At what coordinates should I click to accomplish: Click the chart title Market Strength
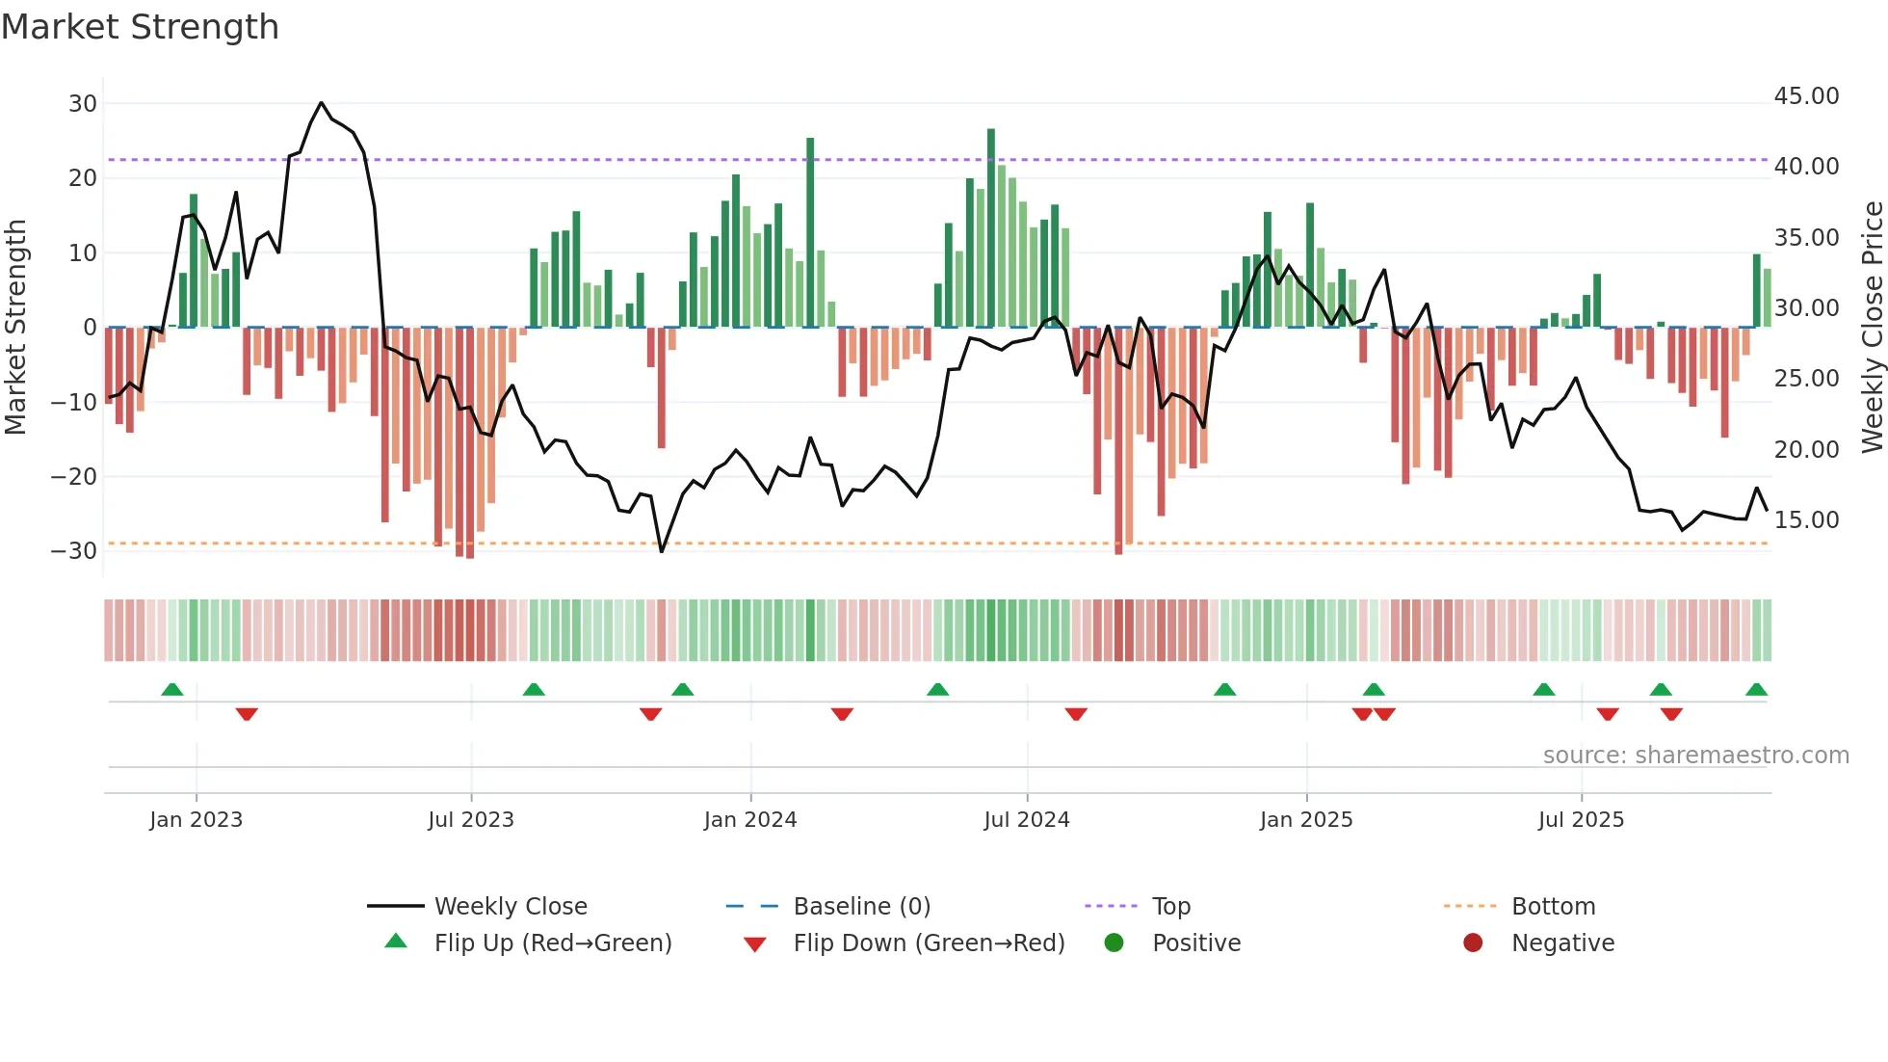pyautogui.click(x=140, y=27)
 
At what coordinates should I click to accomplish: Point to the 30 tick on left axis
pyautogui.click(x=83, y=103)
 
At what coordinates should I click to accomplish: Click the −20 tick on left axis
pyautogui.click(x=73, y=476)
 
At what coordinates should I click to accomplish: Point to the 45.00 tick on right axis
pyautogui.click(x=1806, y=96)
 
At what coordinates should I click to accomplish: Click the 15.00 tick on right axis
pyautogui.click(x=1806, y=520)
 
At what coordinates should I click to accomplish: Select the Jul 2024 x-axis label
pyautogui.click(x=1026, y=820)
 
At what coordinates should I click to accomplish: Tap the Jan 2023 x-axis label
pyautogui.click(x=196, y=820)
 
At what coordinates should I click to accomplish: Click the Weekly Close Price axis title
pyautogui.click(x=1872, y=328)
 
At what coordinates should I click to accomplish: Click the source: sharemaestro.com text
pyautogui.click(x=1695, y=755)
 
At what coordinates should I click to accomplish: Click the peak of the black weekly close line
pyautogui.click(x=321, y=103)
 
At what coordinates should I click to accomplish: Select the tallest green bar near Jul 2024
pyautogui.click(x=990, y=227)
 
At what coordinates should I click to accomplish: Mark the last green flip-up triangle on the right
pyautogui.click(x=1756, y=689)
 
